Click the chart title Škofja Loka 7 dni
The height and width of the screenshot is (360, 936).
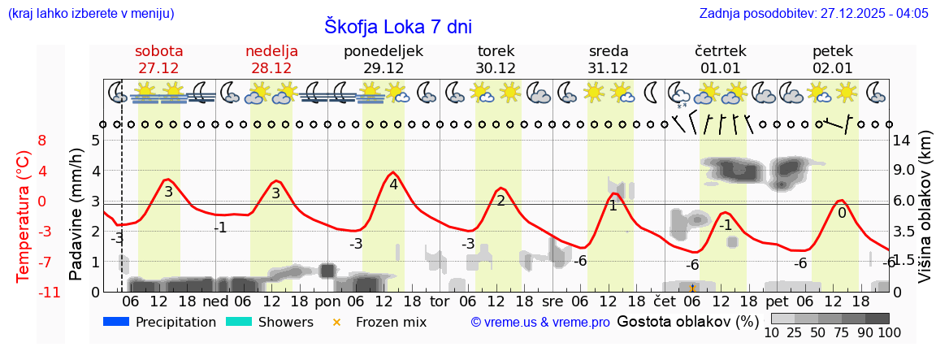pos(398,26)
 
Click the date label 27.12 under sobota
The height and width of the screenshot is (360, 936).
pos(158,68)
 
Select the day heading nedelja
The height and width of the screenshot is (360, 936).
pos(271,51)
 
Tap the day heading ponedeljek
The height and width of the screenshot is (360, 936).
pos(383,51)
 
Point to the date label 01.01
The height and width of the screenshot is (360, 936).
pos(721,68)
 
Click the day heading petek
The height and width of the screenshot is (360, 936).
pos(833,51)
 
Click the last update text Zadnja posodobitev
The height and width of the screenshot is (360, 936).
pos(813,13)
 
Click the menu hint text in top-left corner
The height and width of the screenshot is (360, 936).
pos(90,13)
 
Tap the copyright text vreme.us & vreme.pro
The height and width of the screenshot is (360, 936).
pos(540,323)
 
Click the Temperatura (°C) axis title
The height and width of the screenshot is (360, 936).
pos(24,215)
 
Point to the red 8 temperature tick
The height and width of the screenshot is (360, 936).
pos(42,141)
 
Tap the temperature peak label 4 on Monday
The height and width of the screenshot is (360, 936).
pos(393,184)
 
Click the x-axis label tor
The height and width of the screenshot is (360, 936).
pos(440,300)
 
